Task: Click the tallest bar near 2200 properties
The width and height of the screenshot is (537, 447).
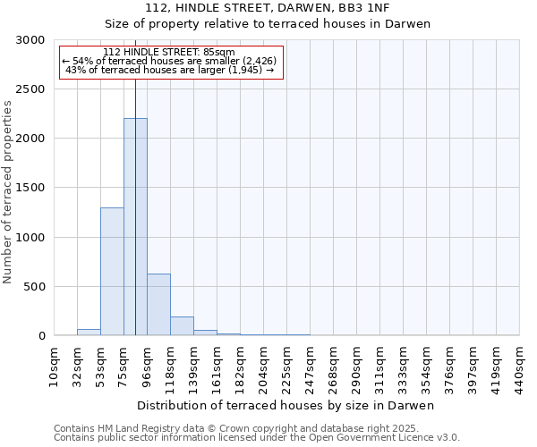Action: point(135,227)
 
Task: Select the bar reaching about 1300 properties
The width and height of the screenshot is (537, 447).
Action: point(112,272)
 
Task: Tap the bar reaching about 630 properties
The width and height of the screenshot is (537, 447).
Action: point(158,305)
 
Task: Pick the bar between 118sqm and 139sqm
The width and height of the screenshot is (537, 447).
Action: point(182,326)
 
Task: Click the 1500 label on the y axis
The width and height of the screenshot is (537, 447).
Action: point(30,189)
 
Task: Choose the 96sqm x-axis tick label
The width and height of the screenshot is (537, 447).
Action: point(148,367)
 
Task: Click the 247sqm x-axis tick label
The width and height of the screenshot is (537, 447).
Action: point(311,367)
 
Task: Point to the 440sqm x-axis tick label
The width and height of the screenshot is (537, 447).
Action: point(520,367)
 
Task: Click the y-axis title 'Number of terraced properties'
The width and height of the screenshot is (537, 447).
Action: point(9,192)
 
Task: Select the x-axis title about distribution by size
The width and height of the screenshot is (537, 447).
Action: point(286,406)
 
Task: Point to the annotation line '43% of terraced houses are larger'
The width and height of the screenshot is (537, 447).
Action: point(170,71)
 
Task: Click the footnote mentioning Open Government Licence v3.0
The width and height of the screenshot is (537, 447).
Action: point(257,438)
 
